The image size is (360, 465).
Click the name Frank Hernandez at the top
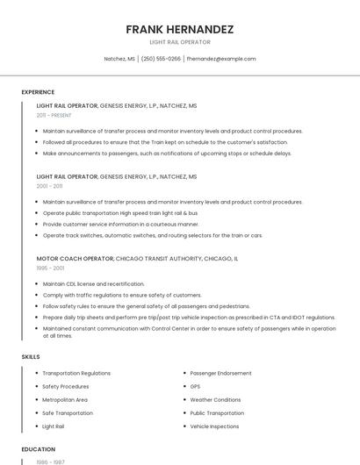179,29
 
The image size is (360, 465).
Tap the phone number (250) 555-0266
161,59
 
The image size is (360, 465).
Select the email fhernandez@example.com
221,59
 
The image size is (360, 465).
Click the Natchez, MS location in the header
119,59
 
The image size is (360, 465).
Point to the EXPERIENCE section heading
38,92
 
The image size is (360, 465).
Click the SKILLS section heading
31,357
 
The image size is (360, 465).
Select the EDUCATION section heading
38,449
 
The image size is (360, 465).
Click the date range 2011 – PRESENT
54,115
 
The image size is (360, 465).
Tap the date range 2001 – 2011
49,186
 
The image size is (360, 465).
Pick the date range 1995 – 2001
50,268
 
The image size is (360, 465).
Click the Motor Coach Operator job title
75,259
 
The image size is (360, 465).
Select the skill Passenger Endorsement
220,373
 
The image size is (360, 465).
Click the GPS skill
195,386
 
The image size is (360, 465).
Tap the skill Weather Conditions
215,399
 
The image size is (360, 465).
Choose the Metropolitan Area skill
65,399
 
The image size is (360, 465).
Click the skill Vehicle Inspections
214,426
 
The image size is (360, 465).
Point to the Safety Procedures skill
66,386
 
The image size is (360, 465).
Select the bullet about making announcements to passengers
167,153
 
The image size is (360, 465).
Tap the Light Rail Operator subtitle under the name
179,42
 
